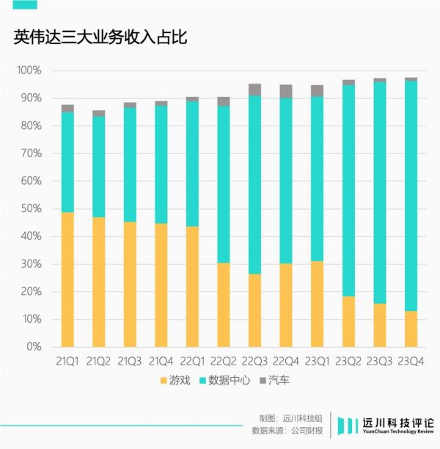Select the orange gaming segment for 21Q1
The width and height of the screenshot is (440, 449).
pyautogui.click(x=67, y=280)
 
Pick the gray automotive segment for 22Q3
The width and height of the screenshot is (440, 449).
pyautogui.click(x=254, y=90)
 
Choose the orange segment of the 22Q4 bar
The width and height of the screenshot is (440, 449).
pyautogui.click(x=286, y=305)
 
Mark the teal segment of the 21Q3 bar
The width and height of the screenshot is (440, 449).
pyautogui.click(x=130, y=165)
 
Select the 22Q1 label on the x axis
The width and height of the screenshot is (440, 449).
pyautogui.click(x=192, y=361)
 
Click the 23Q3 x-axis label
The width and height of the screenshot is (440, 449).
pyautogui.click(x=380, y=361)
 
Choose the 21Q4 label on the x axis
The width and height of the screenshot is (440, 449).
pyautogui.click(x=161, y=361)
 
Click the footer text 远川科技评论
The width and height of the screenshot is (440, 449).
pyautogui.click(x=397, y=423)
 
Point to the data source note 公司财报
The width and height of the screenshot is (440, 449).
pyautogui.click(x=307, y=431)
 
